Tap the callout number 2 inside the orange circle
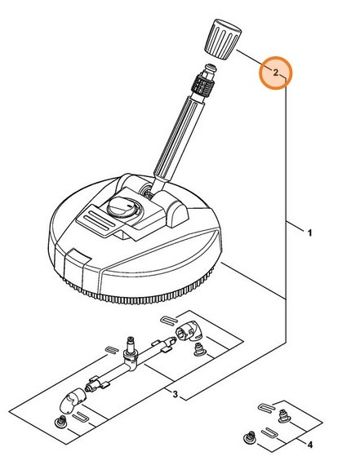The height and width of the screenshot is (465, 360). click(x=276, y=73)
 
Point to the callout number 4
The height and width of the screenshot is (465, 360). click(x=309, y=444)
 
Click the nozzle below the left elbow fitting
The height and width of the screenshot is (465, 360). click(x=59, y=421)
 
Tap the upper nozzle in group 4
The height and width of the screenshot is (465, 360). click(x=282, y=415)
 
